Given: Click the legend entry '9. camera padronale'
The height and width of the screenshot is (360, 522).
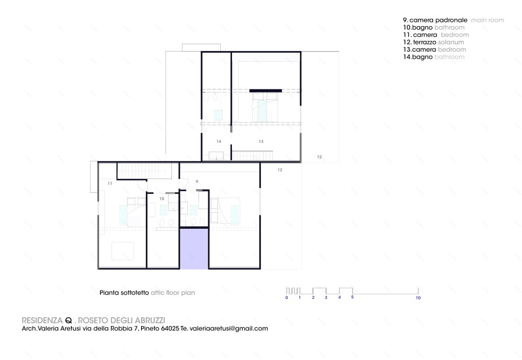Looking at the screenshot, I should click(436, 20).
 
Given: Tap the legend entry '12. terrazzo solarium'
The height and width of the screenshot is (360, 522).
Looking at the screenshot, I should click(434, 42).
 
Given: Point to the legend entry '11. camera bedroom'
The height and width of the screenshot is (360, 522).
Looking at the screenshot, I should click(432, 35).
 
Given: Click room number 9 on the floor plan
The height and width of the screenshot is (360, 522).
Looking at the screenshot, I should click(196, 180).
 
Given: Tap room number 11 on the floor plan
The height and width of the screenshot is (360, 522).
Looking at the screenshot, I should click(110, 184).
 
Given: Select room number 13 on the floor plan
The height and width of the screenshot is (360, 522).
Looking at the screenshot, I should click(260, 141).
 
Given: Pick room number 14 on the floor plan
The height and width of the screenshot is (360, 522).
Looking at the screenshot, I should click(218, 141).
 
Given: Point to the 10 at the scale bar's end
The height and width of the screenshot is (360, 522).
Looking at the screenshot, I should click(418, 298).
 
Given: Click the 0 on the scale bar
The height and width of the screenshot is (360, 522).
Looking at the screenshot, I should click(287, 298).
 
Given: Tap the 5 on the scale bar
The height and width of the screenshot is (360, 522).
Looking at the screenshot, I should click(352, 297).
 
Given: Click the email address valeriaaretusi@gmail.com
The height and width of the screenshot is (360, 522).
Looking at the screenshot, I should click(228, 328).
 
